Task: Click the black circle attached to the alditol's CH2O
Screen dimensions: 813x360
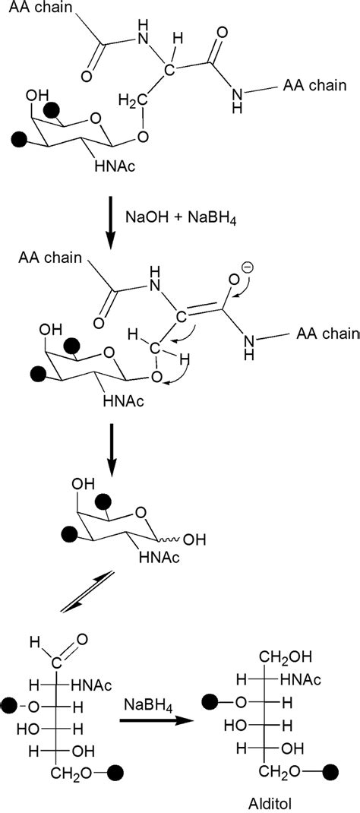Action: [x=332, y=772]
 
